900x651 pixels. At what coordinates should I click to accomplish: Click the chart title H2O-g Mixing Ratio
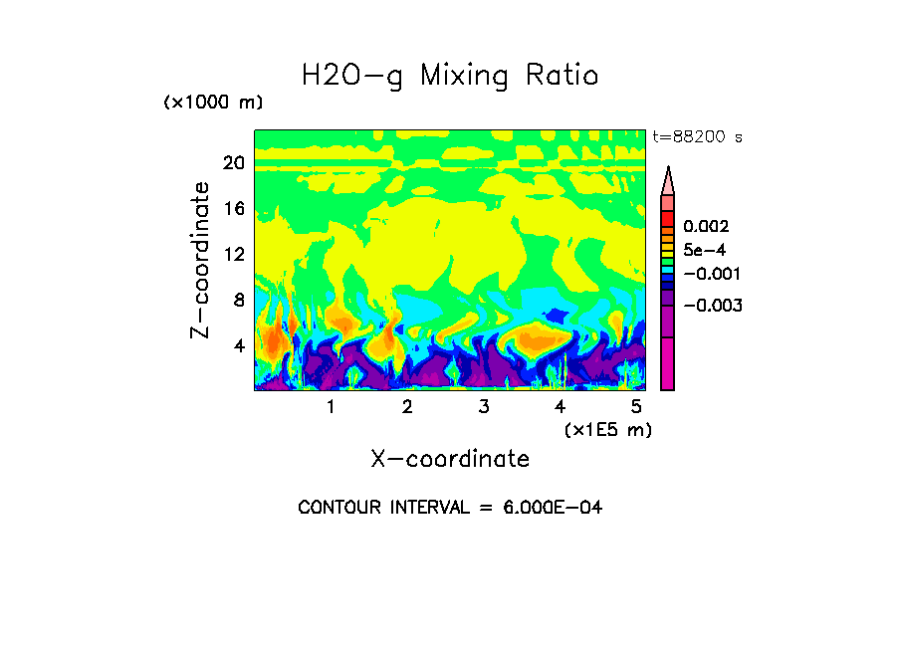pos(450,76)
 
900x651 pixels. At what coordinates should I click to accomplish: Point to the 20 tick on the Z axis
pos(233,163)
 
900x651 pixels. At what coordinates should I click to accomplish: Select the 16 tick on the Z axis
pos(233,209)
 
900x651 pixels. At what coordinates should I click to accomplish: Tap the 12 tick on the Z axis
pos(233,255)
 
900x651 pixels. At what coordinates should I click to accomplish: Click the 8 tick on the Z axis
pos(238,300)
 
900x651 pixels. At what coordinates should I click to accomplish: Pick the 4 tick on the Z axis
pos(238,345)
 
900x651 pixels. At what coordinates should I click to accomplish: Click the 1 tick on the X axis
pos(331,407)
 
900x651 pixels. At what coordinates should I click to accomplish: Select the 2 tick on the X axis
pos(407,407)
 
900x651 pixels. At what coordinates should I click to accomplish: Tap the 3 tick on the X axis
pos(484,407)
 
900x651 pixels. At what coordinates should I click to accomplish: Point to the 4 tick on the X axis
pos(560,407)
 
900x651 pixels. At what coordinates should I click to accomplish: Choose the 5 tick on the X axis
pos(636,407)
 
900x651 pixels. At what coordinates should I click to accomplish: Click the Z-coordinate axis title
pos(201,260)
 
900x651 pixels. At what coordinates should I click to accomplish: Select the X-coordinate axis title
pos(450,459)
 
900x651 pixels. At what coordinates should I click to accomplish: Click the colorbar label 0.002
pos(706,228)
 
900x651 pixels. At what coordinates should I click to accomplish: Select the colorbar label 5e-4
pos(704,251)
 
